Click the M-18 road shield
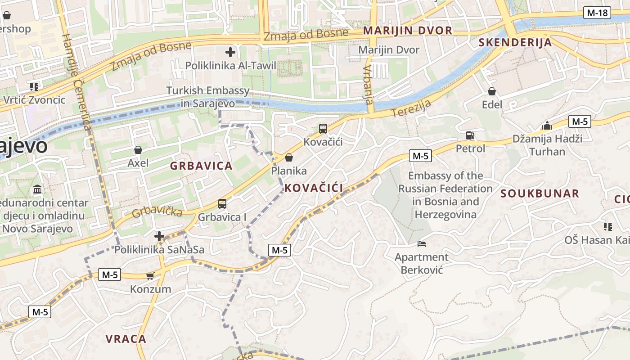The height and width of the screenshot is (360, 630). [597, 13]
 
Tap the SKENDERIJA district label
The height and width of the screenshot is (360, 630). [515, 43]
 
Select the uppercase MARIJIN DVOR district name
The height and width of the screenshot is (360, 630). [408, 31]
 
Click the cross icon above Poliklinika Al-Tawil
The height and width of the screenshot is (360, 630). [230, 53]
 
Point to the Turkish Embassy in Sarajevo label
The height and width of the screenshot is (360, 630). [207, 97]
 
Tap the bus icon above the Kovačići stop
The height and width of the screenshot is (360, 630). [323, 129]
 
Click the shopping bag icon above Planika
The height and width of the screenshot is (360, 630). [289, 157]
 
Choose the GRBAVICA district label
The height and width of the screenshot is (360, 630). [201, 166]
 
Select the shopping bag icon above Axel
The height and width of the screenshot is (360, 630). [138, 149]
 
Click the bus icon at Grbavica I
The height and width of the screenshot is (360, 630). [222, 204]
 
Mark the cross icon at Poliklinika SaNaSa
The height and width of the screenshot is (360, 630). [159, 236]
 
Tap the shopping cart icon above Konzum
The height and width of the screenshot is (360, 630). [150, 275]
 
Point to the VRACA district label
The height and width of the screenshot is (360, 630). [126, 339]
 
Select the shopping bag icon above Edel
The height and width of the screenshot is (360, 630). [492, 91]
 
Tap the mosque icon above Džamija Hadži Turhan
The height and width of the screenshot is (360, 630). [547, 125]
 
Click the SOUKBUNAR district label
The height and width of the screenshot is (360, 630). [540, 193]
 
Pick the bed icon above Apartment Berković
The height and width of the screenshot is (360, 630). [422, 244]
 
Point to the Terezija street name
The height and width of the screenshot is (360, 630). [411, 108]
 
